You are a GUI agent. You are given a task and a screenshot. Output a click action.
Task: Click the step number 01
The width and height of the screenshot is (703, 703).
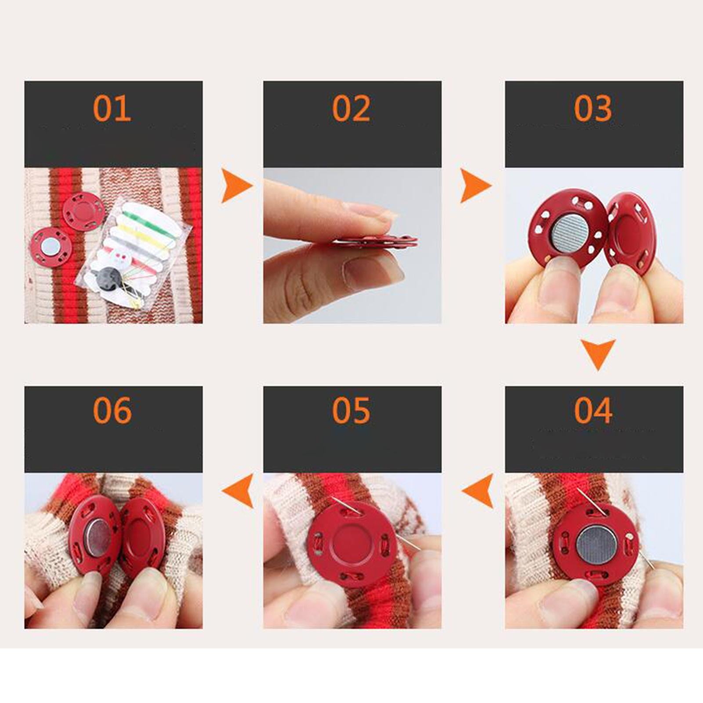112,108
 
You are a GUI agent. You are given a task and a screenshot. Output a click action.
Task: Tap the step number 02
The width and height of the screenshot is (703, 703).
351,108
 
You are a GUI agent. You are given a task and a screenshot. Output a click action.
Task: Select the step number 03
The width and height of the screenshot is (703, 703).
593,108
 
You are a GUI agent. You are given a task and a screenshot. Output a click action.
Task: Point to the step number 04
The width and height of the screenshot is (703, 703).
593,410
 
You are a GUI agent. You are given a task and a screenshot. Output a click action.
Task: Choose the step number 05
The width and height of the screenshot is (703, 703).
351,410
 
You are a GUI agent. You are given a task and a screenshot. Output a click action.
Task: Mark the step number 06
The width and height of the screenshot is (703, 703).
112,410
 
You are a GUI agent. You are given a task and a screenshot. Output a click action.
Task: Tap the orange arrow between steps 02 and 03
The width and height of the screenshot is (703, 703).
475,185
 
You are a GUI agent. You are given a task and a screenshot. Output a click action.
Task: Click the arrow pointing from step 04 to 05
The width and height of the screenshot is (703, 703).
479,491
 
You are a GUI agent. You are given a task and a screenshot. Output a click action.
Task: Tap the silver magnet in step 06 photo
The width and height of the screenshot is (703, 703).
98,539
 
